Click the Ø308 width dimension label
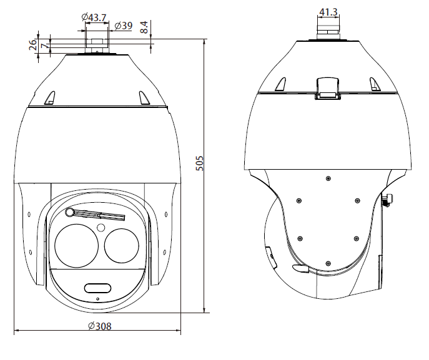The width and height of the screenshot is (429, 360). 99,326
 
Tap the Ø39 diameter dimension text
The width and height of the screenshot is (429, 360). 123,26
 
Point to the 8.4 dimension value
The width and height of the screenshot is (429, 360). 144,27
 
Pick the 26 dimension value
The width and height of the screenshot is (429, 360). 32,45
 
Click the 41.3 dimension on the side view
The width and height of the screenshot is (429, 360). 328,12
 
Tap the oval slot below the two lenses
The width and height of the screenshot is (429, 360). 97,288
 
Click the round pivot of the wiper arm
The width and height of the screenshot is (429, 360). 69,212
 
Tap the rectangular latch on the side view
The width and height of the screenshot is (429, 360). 328,87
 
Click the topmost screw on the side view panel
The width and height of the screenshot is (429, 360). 328,179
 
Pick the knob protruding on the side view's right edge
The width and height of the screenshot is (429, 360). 388,200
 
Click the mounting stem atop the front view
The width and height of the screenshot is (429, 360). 97,44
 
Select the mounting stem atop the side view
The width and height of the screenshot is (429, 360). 328,29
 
